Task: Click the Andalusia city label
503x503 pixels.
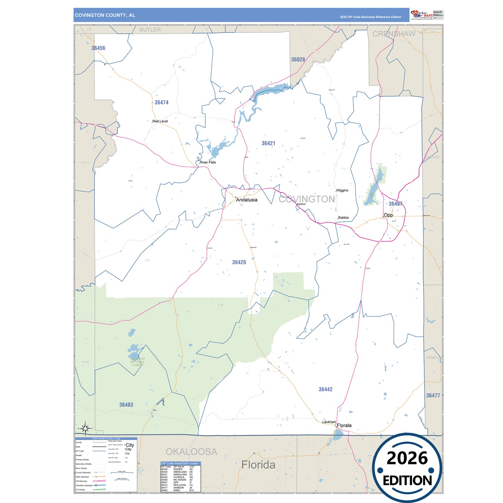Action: (246, 200)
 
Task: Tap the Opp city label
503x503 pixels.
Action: (388, 215)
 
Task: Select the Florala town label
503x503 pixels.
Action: (344, 425)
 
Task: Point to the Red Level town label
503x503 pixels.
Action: (160, 121)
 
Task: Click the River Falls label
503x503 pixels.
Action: (208, 162)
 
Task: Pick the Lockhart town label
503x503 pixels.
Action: (329, 422)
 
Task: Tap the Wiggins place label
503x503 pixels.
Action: (342, 190)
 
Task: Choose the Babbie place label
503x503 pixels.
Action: (343, 218)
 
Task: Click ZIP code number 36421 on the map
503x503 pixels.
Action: (268, 143)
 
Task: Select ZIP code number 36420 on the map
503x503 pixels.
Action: (239, 262)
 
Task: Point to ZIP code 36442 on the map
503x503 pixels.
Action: (325, 390)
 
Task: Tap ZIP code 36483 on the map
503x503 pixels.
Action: (126, 405)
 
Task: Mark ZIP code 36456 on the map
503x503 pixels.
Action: (98, 48)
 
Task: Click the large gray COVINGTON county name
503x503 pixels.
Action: (307, 199)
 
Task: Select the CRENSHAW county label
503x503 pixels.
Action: (394, 34)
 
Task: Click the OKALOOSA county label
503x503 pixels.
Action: (191, 452)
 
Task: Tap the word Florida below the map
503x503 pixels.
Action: (258, 465)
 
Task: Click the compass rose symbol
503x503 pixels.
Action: (85, 428)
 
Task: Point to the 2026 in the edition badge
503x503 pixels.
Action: (407, 458)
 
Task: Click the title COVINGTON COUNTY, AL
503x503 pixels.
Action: (105, 15)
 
